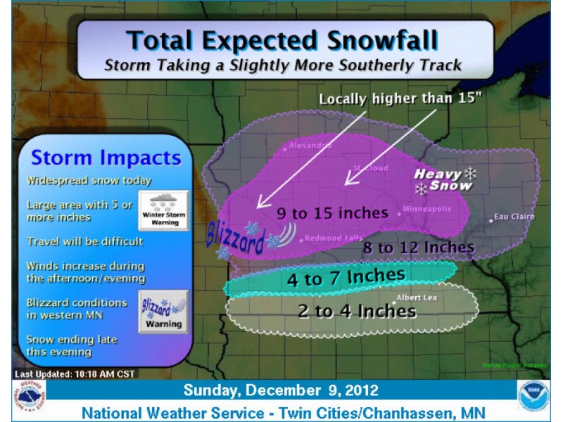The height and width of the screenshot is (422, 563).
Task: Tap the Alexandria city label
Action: (309, 146)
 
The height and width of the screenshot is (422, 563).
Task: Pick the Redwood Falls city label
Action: (334, 238)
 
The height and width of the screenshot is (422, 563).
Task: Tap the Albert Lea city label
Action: (417, 298)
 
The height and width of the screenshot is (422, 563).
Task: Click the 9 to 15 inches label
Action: (323, 212)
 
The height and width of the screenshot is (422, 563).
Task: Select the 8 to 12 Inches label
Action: (418, 247)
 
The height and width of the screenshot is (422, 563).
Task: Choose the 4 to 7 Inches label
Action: (346, 276)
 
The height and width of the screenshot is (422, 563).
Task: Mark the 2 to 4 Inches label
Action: (357, 310)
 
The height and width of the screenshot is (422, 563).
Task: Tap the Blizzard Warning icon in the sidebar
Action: (163, 312)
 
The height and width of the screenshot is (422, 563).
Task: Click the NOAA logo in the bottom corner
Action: (533, 397)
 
